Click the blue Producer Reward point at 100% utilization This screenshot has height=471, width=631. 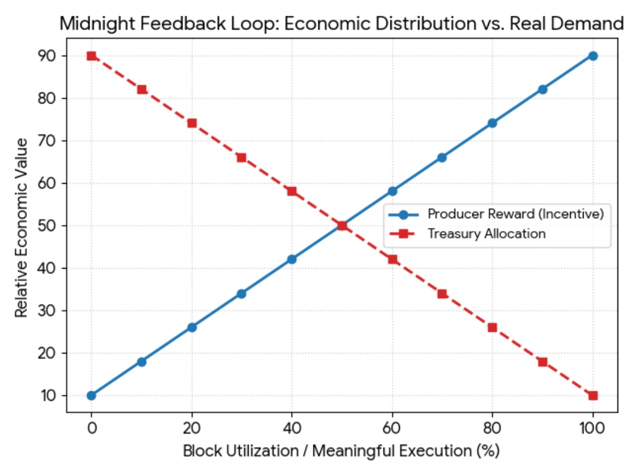(592, 56)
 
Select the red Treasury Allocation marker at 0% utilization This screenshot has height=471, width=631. (91, 56)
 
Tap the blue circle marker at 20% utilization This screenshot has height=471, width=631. (191, 327)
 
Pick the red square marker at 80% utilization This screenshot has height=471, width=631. (492, 327)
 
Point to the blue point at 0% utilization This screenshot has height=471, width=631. (91, 396)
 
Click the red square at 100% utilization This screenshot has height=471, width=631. (592, 396)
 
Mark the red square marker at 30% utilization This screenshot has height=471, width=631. (242, 157)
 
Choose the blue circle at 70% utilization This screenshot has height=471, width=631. (442, 157)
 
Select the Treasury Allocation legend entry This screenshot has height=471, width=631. (486, 234)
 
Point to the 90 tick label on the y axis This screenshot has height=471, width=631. (47, 56)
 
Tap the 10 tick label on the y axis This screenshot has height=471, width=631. (47, 396)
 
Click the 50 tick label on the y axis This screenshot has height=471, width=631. (47, 226)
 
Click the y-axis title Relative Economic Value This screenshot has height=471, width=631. (21, 227)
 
